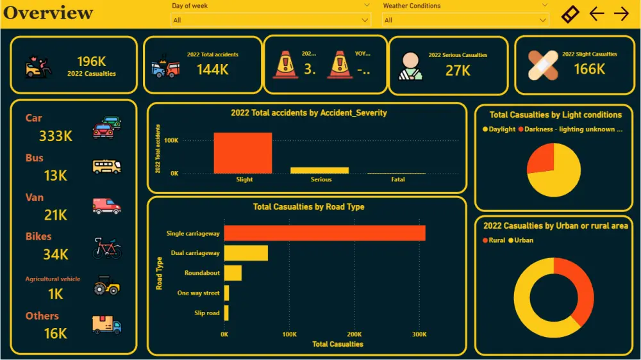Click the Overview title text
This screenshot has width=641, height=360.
[49, 13]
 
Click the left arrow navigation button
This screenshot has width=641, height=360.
[597, 13]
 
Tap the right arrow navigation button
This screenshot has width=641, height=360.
[621, 13]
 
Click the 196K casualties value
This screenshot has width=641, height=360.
[92, 61]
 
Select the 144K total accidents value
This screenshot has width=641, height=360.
[212, 70]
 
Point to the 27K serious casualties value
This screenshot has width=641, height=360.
[458, 70]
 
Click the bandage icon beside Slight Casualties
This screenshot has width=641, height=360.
[543, 65]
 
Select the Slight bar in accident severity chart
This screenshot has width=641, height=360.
[243, 153]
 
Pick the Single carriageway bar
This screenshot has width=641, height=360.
[324, 233]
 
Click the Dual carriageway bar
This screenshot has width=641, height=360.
[246, 253]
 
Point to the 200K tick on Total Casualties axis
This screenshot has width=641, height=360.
[354, 334]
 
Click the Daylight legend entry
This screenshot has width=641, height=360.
[499, 129]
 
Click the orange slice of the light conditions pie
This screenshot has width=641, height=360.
[539, 160]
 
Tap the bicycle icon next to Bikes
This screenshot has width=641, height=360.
[106, 247]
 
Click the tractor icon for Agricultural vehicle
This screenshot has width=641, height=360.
[106, 285]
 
